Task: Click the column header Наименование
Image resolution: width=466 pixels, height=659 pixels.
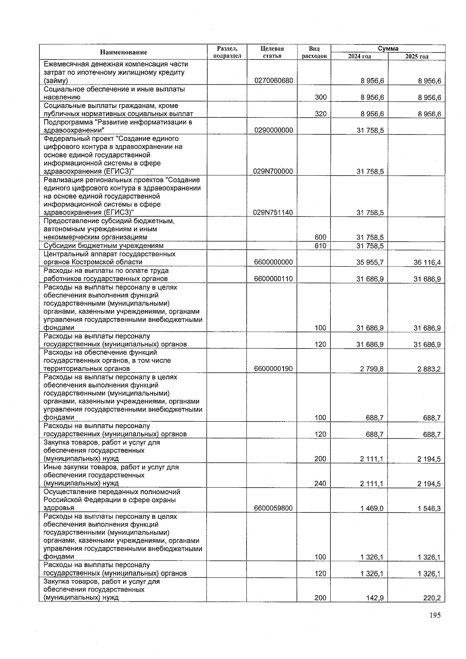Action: (x=123, y=52)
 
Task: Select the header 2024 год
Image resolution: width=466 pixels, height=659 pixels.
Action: (x=359, y=56)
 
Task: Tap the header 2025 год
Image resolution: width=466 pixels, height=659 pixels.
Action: (x=417, y=56)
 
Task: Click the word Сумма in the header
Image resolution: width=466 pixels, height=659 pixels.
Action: (x=388, y=49)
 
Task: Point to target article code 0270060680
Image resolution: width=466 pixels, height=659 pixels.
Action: (x=273, y=81)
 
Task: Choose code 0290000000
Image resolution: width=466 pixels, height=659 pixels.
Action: (x=273, y=131)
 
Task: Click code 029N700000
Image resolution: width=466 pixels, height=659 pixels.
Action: (x=273, y=171)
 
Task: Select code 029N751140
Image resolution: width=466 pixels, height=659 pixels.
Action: (x=273, y=213)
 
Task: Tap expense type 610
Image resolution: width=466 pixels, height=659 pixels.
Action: (x=320, y=246)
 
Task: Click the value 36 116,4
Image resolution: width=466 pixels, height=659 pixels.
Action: (x=427, y=262)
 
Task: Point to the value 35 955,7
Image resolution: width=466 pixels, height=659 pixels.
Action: (x=370, y=262)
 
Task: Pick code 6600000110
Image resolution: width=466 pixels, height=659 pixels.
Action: (x=273, y=279)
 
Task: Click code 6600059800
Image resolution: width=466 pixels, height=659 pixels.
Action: (x=273, y=508)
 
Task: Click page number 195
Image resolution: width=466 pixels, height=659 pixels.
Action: (x=435, y=615)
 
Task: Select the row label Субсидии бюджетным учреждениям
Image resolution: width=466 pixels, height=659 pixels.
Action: (x=104, y=246)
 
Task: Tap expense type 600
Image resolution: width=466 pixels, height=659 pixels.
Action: (x=320, y=237)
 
